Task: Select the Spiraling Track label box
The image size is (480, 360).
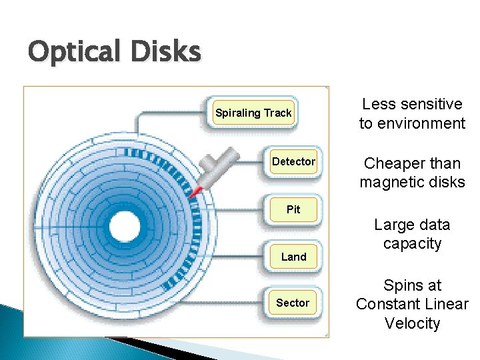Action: [253, 113]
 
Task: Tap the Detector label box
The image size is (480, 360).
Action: [293, 161]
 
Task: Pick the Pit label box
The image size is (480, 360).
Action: [293, 209]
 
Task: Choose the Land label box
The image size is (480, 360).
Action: [293, 257]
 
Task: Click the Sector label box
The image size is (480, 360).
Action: [293, 303]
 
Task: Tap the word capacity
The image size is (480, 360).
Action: [412, 244]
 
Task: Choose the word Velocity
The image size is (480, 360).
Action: [412, 324]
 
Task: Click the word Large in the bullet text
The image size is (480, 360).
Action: [393, 225]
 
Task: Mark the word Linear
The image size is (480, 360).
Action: [447, 305]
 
